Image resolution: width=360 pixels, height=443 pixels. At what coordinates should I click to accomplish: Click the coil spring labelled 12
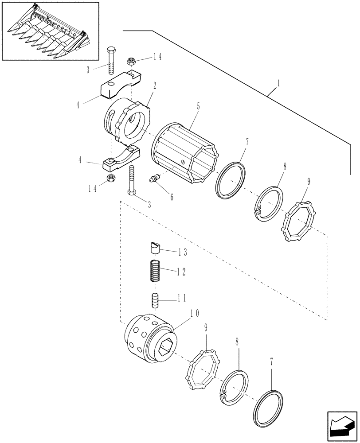[x=154, y=271]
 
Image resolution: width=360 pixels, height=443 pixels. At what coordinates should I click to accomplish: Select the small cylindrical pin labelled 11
[x=155, y=301]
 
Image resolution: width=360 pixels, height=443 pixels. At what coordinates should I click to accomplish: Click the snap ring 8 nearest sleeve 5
[x=268, y=205]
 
